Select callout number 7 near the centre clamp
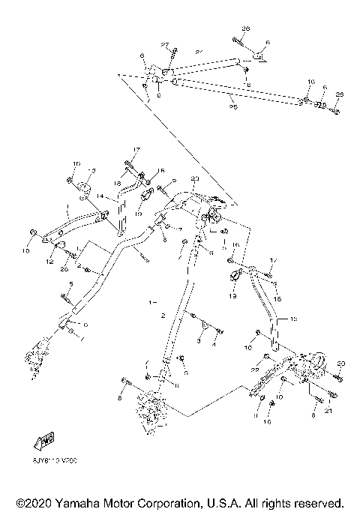[x=178, y=227]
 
